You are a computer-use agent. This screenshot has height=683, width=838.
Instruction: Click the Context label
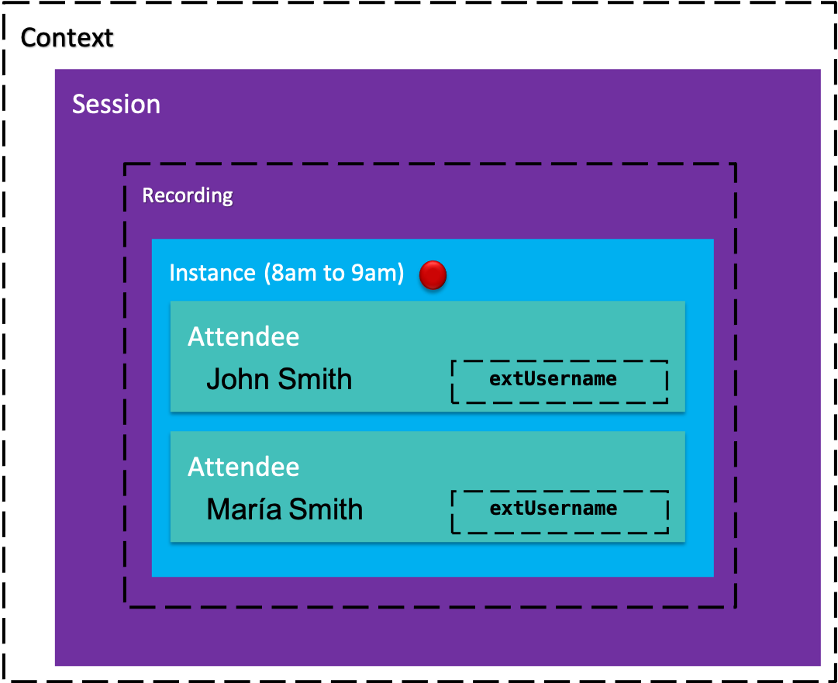pos(67,38)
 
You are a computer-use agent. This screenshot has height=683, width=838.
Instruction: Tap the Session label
pos(116,104)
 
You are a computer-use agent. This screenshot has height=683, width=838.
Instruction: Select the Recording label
pos(187,195)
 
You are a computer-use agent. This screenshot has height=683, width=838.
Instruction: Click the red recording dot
pos(433,274)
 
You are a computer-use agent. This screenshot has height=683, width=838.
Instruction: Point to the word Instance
pos(212,273)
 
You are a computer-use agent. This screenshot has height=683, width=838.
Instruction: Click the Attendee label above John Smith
pos(243,336)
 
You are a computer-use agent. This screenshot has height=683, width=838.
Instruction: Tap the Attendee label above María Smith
pos(243,467)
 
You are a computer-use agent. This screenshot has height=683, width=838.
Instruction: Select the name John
pos(238,379)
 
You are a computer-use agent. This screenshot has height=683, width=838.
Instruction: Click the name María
pos(243,509)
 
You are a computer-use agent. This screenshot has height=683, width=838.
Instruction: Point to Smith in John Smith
pos(315,379)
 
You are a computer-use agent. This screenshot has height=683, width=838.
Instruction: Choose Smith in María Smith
pos(326,509)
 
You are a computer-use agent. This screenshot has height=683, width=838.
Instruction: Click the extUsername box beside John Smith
pos(560,381)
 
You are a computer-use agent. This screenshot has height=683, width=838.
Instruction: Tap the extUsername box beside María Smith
pos(560,512)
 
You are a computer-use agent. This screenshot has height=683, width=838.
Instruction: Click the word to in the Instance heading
pos(333,274)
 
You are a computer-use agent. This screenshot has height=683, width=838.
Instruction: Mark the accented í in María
pos(262,509)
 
